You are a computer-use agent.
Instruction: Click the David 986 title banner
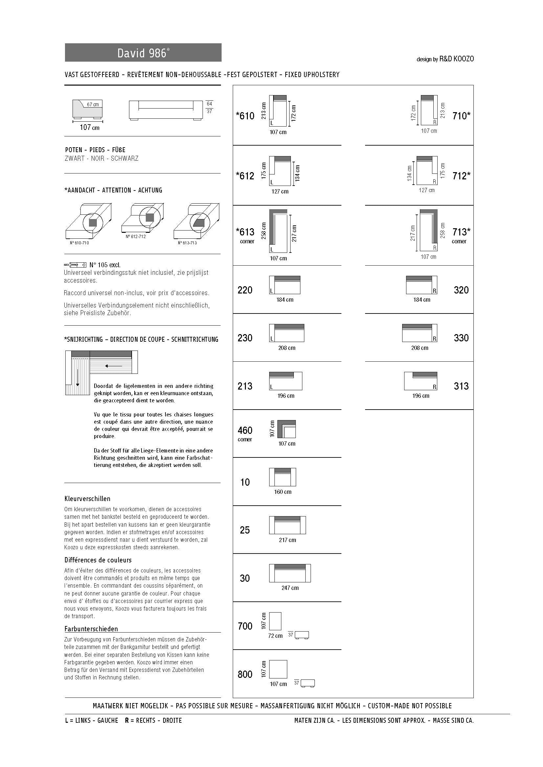coord(143,53)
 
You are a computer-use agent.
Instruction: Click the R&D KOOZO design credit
coord(445,59)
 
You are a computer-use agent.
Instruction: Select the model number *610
coord(245,116)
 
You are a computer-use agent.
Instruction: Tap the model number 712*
coord(461,176)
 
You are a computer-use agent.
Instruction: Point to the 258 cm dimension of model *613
coord(264,231)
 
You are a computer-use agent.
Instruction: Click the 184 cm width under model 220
coord(285,300)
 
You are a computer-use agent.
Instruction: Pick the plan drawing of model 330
coord(420,333)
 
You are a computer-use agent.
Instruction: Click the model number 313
coord(461,386)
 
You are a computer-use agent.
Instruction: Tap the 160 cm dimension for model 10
coord(283,492)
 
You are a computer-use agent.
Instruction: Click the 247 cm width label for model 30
coord(290,588)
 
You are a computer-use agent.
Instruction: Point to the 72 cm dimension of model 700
coord(275,636)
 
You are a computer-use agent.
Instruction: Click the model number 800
coord(245,675)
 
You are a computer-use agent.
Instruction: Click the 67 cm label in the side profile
coord(93,105)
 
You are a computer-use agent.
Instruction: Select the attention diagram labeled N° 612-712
coord(143,218)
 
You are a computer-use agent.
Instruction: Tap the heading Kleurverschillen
coord(87,499)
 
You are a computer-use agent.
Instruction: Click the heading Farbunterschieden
coord(91,629)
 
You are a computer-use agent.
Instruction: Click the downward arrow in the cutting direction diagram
coord(77,378)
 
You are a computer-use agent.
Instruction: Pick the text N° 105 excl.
coord(105,265)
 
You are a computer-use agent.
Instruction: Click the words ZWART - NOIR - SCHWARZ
coord(101,159)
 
